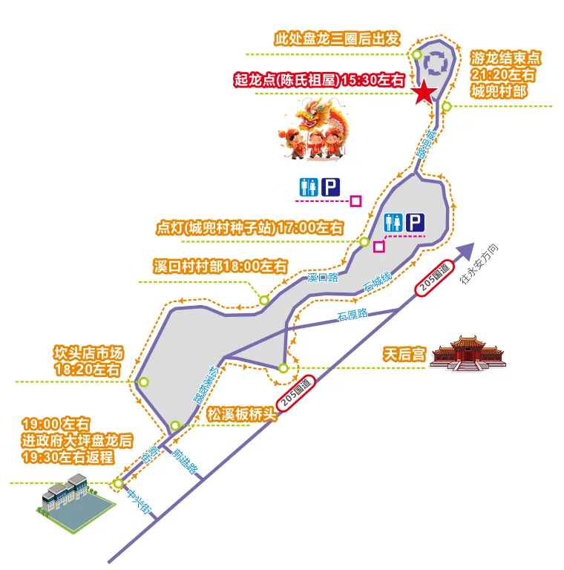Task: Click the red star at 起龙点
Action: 423,93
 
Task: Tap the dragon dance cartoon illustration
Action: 315,131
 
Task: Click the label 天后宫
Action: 404,354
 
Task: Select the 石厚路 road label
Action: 352,315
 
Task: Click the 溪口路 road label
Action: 322,278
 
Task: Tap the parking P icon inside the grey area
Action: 416,221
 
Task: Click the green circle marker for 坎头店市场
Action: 144,382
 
